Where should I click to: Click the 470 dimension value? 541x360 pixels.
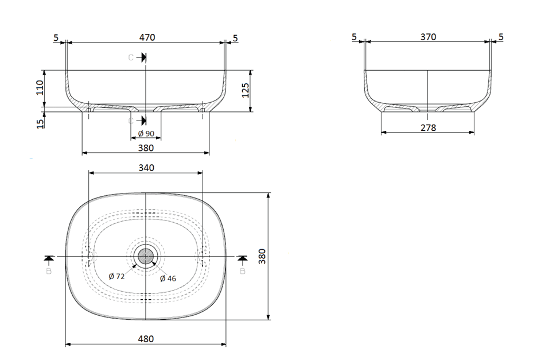(x=147, y=37)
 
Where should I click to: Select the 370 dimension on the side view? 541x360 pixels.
(x=428, y=37)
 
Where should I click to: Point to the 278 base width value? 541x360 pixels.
(x=428, y=127)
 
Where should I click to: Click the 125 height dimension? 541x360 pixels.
(x=246, y=90)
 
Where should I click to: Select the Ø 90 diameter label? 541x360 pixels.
(x=146, y=134)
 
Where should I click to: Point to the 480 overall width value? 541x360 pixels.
(x=146, y=339)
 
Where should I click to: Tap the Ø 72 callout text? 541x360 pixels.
(x=116, y=277)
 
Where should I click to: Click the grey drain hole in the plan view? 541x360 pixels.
(x=146, y=256)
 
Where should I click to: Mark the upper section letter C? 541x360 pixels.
(x=131, y=57)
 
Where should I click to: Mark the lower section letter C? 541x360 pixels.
(x=131, y=121)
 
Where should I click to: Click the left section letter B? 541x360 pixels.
(x=49, y=270)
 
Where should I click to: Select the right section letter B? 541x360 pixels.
(x=242, y=270)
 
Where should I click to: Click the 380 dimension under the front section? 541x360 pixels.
(x=146, y=148)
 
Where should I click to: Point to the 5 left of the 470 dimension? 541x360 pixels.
(x=56, y=37)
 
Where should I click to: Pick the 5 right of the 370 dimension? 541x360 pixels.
(x=501, y=37)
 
